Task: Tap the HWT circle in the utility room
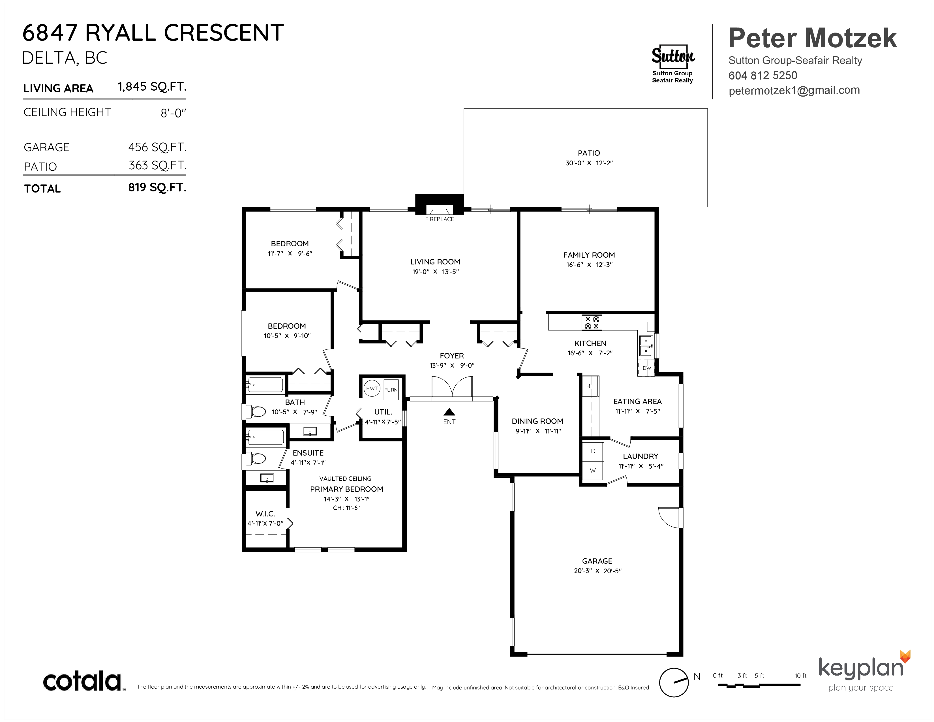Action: tap(372, 388)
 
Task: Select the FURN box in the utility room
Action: tap(391, 390)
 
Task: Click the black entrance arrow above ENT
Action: tap(449, 412)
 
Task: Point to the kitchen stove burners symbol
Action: tap(592, 322)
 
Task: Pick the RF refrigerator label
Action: tap(590, 386)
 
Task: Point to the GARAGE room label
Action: tap(597, 561)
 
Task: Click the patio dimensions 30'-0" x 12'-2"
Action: tap(589, 163)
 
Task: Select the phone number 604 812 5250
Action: tap(763, 76)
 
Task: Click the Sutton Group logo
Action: tap(673, 64)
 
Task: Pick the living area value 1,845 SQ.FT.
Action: tap(152, 87)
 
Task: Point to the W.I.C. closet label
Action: tap(265, 514)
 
